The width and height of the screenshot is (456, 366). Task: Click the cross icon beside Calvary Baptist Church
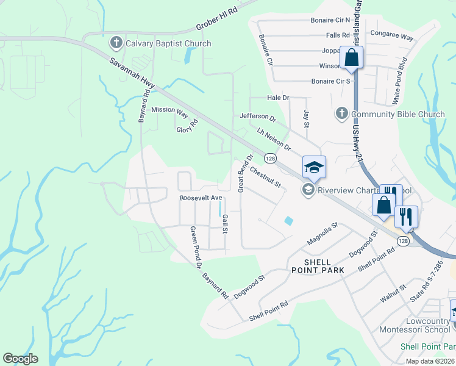116,43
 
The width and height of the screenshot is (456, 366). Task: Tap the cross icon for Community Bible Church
341,114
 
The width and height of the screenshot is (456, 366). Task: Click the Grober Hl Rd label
216,17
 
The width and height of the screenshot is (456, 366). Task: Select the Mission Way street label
170,110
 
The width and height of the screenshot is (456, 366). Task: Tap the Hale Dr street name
277,98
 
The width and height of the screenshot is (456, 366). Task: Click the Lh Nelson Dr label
274,140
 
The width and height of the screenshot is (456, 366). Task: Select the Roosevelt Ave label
201,198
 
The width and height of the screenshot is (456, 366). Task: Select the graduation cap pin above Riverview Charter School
314,167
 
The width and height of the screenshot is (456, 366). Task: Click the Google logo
20,359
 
